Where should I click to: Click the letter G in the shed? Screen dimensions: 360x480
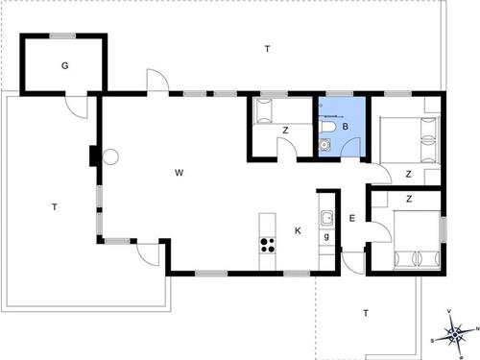tap(64, 66)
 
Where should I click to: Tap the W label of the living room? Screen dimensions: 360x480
tap(179, 173)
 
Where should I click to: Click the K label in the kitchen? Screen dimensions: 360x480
tap(298, 230)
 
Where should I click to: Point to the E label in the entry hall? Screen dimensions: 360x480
tap(352, 220)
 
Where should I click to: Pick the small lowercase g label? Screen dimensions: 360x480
tap(327, 236)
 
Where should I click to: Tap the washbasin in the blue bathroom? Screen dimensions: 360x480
tap(325, 146)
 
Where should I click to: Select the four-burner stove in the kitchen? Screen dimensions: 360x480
tap(267, 244)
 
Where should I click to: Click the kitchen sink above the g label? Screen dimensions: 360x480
tap(326, 216)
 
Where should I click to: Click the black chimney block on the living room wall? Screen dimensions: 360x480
tap(92, 155)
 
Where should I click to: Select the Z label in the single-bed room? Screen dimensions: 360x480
tap(286, 132)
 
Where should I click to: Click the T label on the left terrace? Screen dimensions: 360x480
tap(55, 207)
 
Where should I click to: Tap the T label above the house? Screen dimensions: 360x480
tap(267, 49)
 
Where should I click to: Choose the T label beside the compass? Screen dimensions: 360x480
tap(365, 313)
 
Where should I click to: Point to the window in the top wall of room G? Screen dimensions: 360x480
tap(63, 36)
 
